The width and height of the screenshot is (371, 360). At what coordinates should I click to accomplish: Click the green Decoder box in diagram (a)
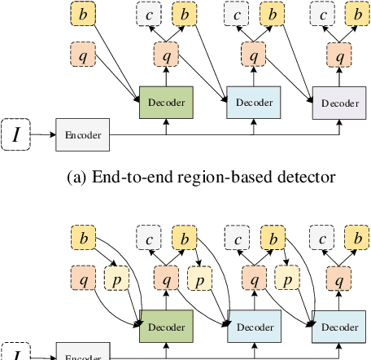pyautogui.click(x=166, y=103)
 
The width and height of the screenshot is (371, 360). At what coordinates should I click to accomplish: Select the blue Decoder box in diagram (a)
pyautogui.click(x=253, y=103)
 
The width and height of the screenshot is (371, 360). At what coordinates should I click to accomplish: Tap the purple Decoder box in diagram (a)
pyautogui.click(x=338, y=103)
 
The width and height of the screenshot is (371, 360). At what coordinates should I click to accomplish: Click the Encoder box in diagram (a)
pyautogui.click(x=82, y=134)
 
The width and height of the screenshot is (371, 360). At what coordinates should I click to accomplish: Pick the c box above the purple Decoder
pyautogui.click(x=324, y=15)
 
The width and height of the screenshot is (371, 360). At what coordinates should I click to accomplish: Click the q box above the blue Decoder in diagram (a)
pyautogui.click(x=253, y=56)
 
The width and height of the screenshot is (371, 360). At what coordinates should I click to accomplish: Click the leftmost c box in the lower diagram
pyautogui.click(x=149, y=238)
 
